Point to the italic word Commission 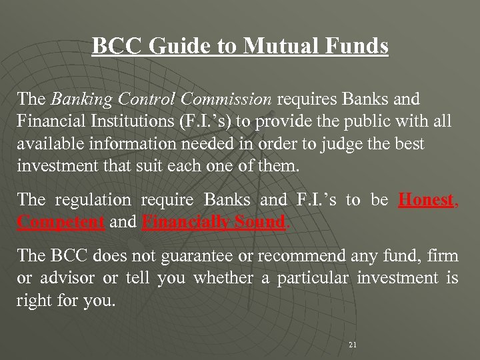pyautogui.click(x=227, y=100)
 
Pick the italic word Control pyautogui.click(x=143, y=100)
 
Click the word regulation pyautogui.click(x=92, y=199)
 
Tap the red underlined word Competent pyautogui.click(x=61, y=221)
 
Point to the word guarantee pyautogui.click(x=201, y=255)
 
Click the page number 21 pyautogui.click(x=353, y=345)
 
